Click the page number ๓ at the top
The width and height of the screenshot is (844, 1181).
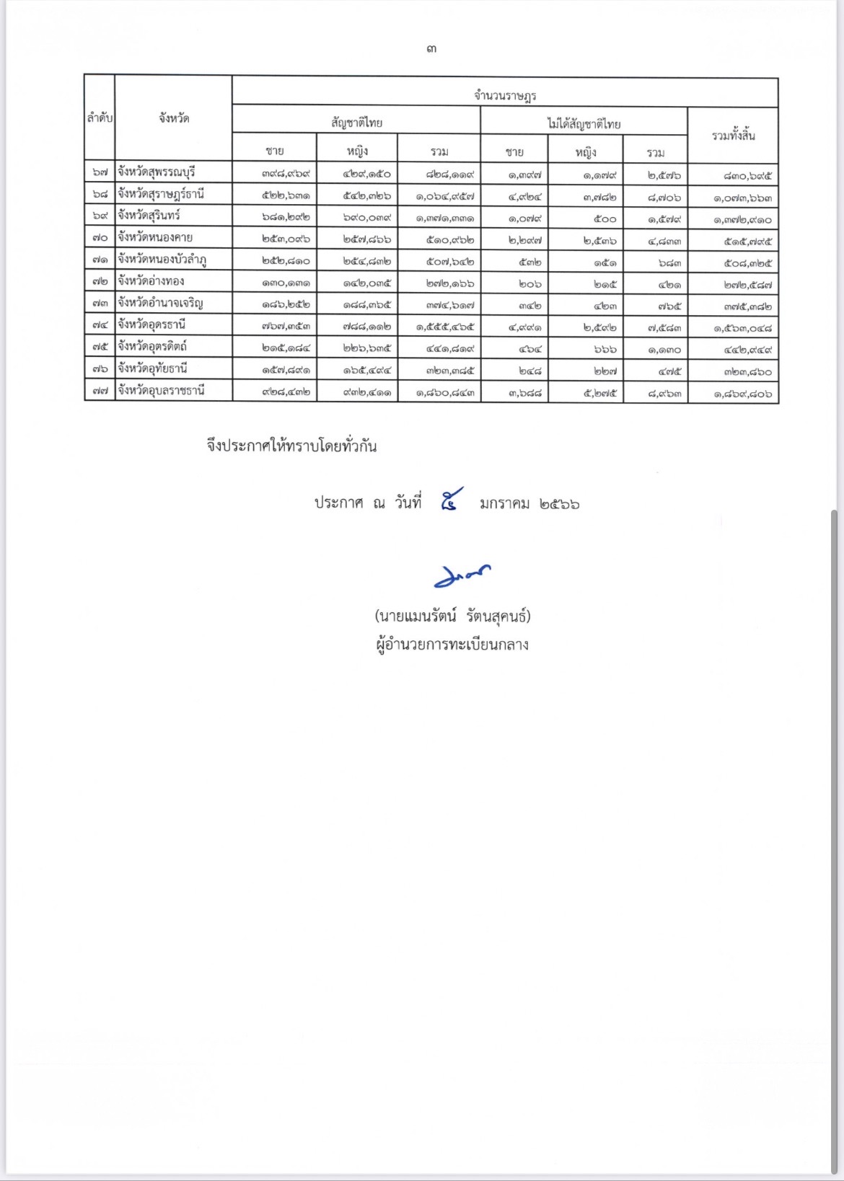pyautogui.click(x=431, y=49)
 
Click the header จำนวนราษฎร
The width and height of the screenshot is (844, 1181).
pyautogui.click(x=504, y=94)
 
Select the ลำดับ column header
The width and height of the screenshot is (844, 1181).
pyautogui.click(x=100, y=118)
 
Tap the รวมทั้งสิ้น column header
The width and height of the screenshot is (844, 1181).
pyautogui.click(x=733, y=136)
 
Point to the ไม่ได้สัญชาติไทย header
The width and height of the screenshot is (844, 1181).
pyautogui.click(x=584, y=123)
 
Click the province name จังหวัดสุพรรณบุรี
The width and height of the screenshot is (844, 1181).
pyautogui.click(x=157, y=172)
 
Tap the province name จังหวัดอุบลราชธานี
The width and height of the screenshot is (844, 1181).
pyautogui.click(x=161, y=391)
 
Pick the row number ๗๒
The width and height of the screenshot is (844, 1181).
pyautogui.click(x=100, y=282)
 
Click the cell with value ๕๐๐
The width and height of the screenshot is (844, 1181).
pyautogui.click(x=605, y=219)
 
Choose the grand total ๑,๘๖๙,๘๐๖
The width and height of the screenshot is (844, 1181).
pyautogui.click(x=742, y=394)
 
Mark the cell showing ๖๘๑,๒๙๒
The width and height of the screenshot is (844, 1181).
pyautogui.click(x=286, y=217)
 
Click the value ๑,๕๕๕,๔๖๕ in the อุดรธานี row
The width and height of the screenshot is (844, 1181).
pyautogui.click(x=445, y=327)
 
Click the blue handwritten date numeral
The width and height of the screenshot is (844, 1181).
pyautogui.click(x=451, y=499)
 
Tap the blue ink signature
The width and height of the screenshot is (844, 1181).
pyautogui.click(x=462, y=575)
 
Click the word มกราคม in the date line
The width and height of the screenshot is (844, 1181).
pyautogui.click(x=504, y=503)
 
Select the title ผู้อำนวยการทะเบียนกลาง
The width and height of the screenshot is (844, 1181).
pyautogui.click(x=452, y=645)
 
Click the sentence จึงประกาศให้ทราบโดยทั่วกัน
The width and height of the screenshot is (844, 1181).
pyautogui.click(x=291, y=446)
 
